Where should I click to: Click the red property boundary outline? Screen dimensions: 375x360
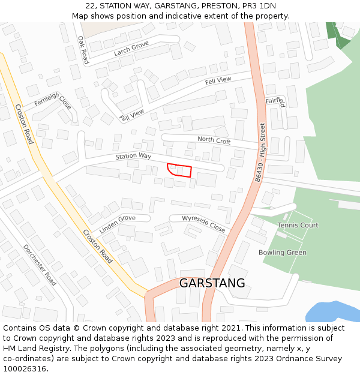point(179,170)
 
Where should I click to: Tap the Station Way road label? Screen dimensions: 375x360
point(133,156)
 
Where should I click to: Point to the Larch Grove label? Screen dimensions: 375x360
point(131,48)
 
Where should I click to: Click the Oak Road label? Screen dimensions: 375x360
point(83,49)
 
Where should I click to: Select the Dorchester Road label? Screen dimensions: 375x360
point(40,265)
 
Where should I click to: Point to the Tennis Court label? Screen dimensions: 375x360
point(298,225)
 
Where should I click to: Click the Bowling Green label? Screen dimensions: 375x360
point(282,253)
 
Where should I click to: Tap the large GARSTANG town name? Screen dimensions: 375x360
point(212,283)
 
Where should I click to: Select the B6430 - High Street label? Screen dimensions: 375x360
point(260,152)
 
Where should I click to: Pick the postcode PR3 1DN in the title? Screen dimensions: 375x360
point(259,6)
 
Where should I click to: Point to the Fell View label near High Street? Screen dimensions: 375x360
point(218,80)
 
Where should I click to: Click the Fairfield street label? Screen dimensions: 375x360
point(275,101)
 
